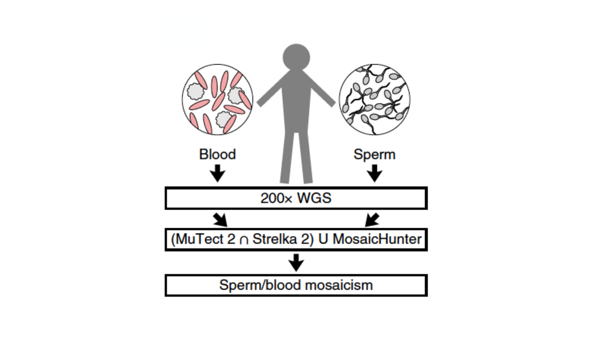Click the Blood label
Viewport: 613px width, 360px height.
pos(217,154)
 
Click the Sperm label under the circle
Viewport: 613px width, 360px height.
pos(374,154)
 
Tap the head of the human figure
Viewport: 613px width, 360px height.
pos(296,57)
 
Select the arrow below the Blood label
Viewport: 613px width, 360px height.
pos(217,173)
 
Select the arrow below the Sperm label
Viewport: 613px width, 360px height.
pos(374,173)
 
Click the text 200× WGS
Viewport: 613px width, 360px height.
pos(296,198)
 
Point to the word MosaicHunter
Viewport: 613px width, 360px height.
pos(377,239)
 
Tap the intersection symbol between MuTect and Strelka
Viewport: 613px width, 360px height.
pos(244,240)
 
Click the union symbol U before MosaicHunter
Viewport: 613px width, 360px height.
pos(323,239)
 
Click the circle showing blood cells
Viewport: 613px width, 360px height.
pos(217,99)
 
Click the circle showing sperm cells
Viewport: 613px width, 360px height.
pos(374,99)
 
